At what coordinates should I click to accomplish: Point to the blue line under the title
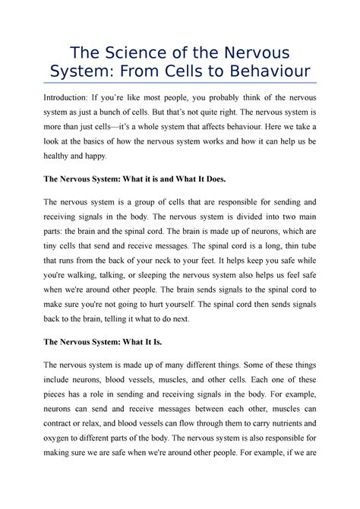[x=180, y=84]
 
